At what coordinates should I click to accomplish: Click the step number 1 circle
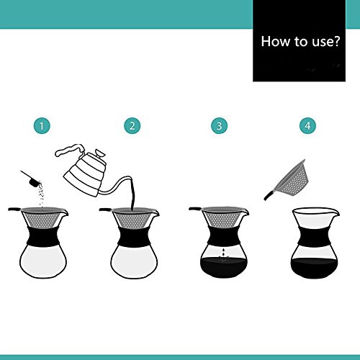(x=42, y=126)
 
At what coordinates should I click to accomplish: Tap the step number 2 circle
(x=132, y=126)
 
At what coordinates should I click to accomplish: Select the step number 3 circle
(x=220, y=126)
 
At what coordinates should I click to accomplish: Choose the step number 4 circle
(x=308, y=126)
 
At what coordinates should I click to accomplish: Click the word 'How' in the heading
(x=276, y=41)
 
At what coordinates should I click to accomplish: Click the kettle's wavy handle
(x=70, y=150)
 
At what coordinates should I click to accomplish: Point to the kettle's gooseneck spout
(x=115, y=186)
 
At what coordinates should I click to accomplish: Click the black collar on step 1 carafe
(x=43, y=235)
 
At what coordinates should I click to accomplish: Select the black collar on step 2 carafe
(x=134, y=235)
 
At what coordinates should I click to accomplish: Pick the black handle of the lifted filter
(x=268, y=195)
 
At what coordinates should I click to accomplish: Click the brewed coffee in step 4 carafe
(x=315, y=269)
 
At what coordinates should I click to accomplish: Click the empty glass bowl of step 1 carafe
(x=43, y=261)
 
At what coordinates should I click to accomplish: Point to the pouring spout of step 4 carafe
(x=335, y=212)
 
